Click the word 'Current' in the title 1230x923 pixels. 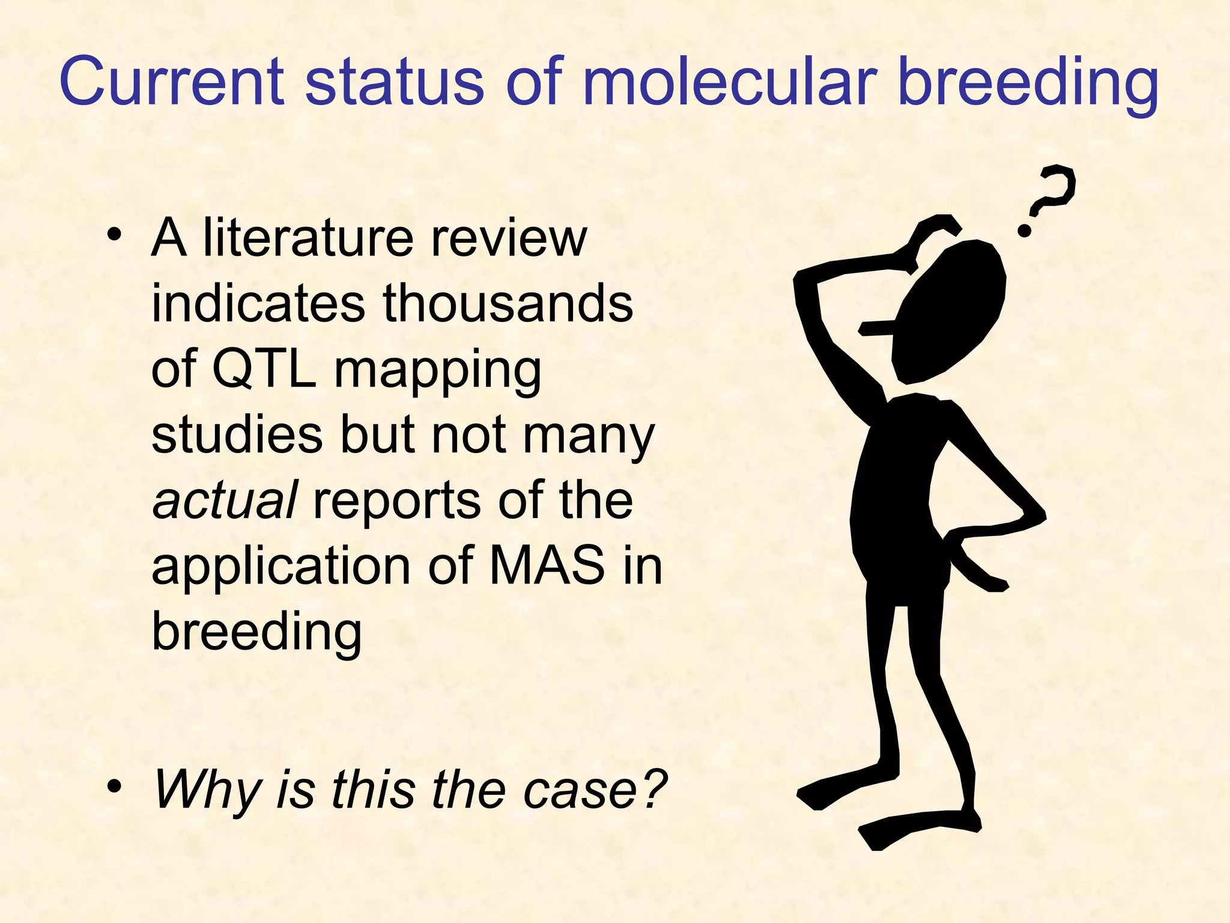172,81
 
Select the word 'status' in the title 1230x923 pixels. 394,81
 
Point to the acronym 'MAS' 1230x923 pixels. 547,565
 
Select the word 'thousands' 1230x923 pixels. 508,303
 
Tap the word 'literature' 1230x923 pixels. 308,238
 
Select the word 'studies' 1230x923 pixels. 237,434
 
